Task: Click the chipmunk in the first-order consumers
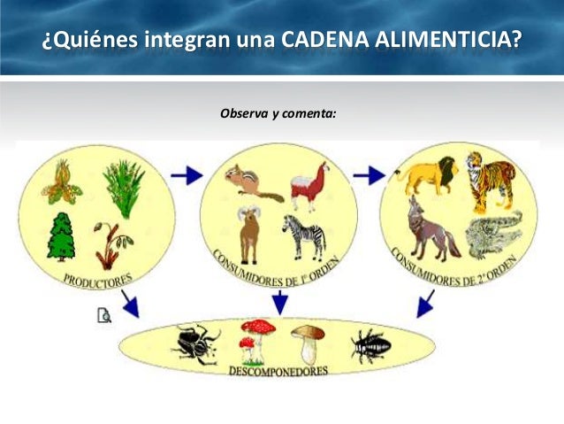247,182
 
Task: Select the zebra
305,236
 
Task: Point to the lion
425,174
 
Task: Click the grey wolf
431,229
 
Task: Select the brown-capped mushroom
308,342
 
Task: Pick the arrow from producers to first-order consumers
187,174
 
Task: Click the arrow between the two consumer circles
369,175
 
